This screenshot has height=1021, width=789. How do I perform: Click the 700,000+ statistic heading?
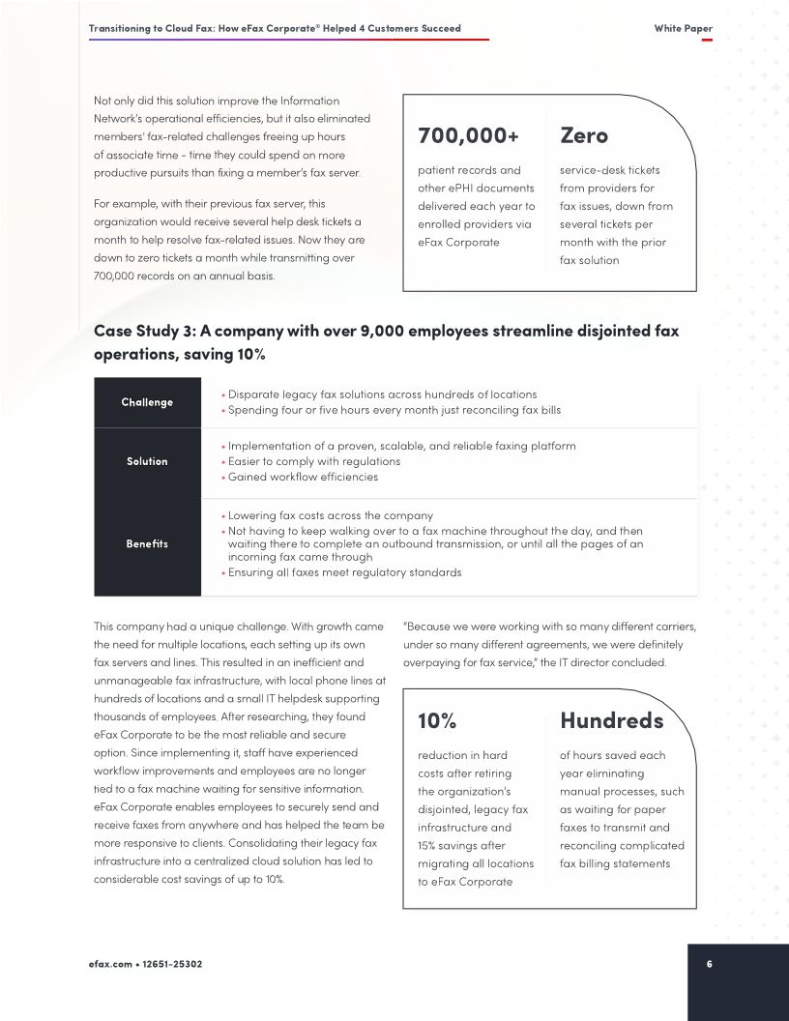(x=468, y=136)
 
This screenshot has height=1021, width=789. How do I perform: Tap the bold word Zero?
(x=584, y=136)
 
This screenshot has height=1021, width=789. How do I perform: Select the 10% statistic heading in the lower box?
(x=437, y=721)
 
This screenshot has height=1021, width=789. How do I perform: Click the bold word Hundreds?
(x=611, y=721)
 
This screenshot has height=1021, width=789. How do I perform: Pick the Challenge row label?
(x=147, y=402)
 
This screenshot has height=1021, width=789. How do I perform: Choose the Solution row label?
(x=147, y=461)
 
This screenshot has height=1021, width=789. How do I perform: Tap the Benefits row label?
(x=147, y=543)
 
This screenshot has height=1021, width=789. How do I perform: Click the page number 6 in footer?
(x=710, y=964)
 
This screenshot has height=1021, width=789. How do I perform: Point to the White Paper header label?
(x=683, y=29)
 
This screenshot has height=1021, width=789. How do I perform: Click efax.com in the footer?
(x=110, y=964)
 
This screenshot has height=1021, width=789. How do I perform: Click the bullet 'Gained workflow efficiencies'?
(x=303, y=477)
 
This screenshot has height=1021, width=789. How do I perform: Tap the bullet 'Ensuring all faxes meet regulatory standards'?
(x=344, y=572)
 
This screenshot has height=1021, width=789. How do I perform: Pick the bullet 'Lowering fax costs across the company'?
(x=330, y=516)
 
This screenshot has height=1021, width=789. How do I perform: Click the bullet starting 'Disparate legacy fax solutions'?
(x=382, y=394)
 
